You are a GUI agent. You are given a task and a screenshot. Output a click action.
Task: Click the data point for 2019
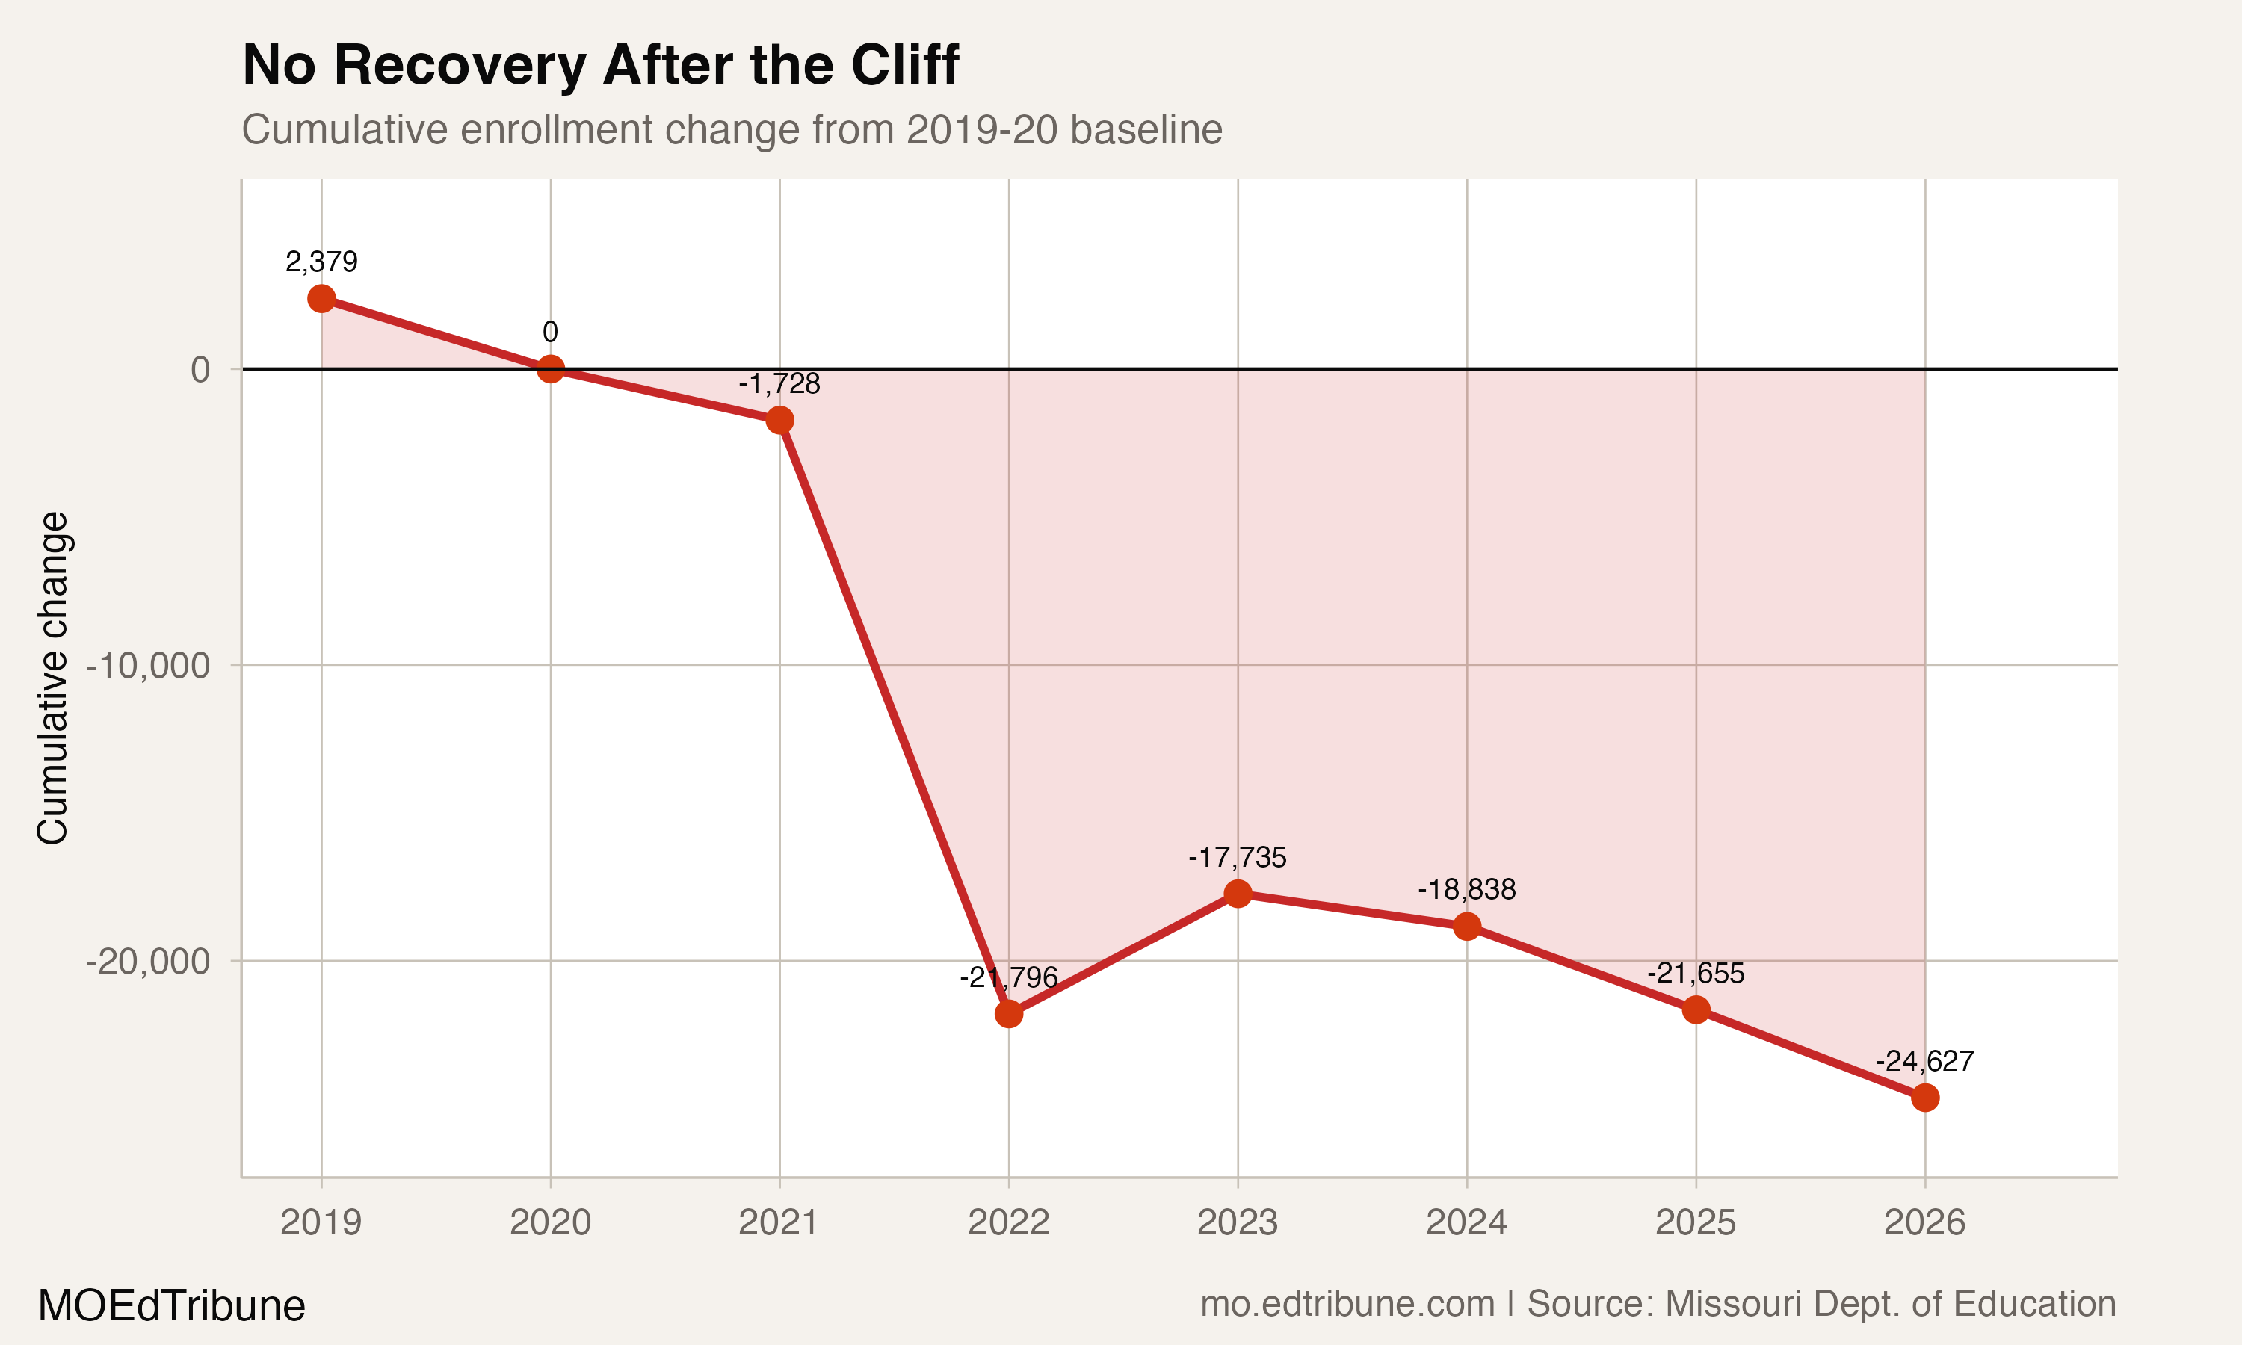pos(321,298)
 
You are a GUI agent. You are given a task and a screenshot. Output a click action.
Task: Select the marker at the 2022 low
pos(1009,1013)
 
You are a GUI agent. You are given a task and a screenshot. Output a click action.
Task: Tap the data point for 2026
pos(1925,1098)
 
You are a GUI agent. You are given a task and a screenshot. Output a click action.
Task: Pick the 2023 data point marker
pos(1238,894)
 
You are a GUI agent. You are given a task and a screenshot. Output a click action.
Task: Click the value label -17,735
pos(1237,856)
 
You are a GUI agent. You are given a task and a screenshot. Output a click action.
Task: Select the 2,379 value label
pos(321,262)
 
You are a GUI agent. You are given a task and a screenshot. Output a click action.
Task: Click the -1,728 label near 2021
pos(779,383)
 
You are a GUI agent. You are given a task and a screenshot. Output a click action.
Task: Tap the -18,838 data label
pos(1466,889)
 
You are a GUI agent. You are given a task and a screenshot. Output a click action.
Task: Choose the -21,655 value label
pos(1695,974)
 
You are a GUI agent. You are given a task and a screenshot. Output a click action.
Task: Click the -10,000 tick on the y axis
pos(148,667)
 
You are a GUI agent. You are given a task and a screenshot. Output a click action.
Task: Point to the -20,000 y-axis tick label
pos(148,962)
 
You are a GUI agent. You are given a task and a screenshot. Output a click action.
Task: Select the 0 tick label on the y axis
pos(200,370)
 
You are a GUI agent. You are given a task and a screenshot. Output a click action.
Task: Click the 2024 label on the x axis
pos(1466,1222)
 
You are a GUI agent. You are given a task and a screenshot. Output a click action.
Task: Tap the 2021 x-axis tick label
pos(779,1222)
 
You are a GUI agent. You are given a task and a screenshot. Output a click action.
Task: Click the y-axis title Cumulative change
pos(52,678)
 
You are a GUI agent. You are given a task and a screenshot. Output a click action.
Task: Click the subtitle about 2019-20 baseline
pos(732,129)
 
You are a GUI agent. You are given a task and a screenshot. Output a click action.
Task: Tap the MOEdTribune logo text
pos(171,1305)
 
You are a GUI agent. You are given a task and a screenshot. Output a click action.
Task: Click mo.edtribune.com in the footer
pos(1347,1303)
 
